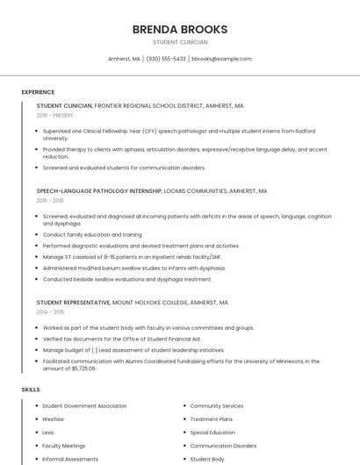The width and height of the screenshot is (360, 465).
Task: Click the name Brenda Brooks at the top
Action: (x=179, y=29)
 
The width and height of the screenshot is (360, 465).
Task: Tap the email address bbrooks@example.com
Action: (x=221, y=59)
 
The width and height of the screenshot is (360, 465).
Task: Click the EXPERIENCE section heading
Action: (x=38, y=92)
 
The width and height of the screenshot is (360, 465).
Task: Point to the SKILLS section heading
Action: (x=31, y=389)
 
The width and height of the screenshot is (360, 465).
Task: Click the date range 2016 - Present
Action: (x=54, y=115)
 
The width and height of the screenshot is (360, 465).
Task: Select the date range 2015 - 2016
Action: (x=50, y=200)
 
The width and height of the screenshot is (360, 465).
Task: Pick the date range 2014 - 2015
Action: (x=50, y=311)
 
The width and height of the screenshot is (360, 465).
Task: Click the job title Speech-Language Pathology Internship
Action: (x=99, y=190)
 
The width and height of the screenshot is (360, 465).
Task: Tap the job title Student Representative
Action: (x=73, y=302)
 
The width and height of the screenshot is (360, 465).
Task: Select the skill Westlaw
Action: (x=54, y=419)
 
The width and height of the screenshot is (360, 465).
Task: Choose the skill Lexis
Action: (x=48, y=433)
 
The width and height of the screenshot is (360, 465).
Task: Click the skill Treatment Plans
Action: (x=211, y=419)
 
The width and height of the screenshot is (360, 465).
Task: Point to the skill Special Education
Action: (x=212, y=433)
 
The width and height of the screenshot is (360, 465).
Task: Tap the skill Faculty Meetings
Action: (x=64, y=446)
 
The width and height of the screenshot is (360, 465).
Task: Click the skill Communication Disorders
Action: (x=223, y=446)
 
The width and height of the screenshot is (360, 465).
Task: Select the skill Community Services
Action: (x=217, y=406)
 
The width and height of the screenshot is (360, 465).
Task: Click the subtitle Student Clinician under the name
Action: (x=179, y=42)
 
